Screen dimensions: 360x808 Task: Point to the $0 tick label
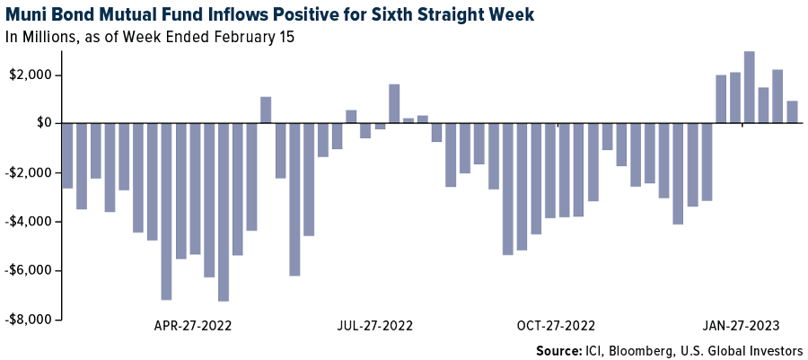[42, 123]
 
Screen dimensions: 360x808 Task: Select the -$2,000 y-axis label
[30, 172]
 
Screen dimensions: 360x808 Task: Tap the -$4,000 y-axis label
[30, 222]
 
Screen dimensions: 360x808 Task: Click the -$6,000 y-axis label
[30, 270]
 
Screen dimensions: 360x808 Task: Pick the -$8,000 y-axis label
[30, 320]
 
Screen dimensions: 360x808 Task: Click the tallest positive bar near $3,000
[749, 87]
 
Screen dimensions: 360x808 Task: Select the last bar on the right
[792, 112]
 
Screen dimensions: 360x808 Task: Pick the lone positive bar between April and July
[266, 110]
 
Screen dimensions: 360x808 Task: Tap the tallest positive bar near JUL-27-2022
[394, 103]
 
